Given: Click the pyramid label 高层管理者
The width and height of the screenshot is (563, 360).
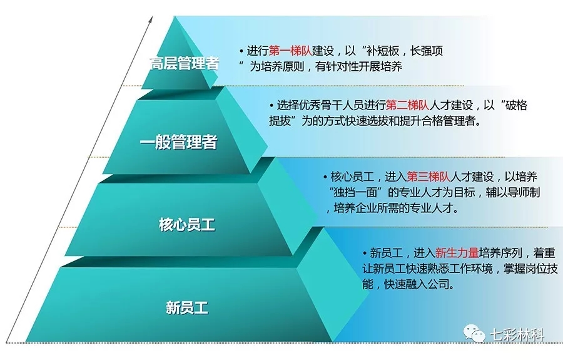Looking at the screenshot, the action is pos(185,64).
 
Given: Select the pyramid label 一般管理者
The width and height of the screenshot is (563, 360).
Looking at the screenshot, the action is pos(178,141).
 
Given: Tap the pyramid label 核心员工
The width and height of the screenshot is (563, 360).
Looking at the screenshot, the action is pos(187,225).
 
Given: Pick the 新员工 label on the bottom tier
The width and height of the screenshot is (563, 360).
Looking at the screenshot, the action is pos(187,308).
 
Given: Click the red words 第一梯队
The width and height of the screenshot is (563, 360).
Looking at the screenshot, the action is pos(290,51).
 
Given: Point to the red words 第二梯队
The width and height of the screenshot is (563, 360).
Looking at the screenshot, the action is pos(407,105).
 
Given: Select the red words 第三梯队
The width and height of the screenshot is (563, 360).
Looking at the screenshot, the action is pos(429,177).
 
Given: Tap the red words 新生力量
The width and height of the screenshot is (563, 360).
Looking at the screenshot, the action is pos(457,253).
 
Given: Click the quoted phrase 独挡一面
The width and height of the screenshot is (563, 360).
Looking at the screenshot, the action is pos(355,192).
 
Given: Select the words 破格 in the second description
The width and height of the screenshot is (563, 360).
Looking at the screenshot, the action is pos(516,105).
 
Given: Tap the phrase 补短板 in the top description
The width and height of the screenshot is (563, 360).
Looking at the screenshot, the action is pos(383,51).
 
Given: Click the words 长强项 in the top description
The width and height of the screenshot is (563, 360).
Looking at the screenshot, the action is pos(427,51).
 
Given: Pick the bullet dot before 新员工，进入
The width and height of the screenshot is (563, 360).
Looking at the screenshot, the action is pos(365,254).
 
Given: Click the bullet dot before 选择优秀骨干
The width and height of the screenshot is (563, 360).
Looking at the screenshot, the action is pos(271,105).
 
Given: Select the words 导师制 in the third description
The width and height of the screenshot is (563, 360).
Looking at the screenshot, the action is pos(524,192).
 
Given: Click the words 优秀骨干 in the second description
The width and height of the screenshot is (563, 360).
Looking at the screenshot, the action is pos(320,105).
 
